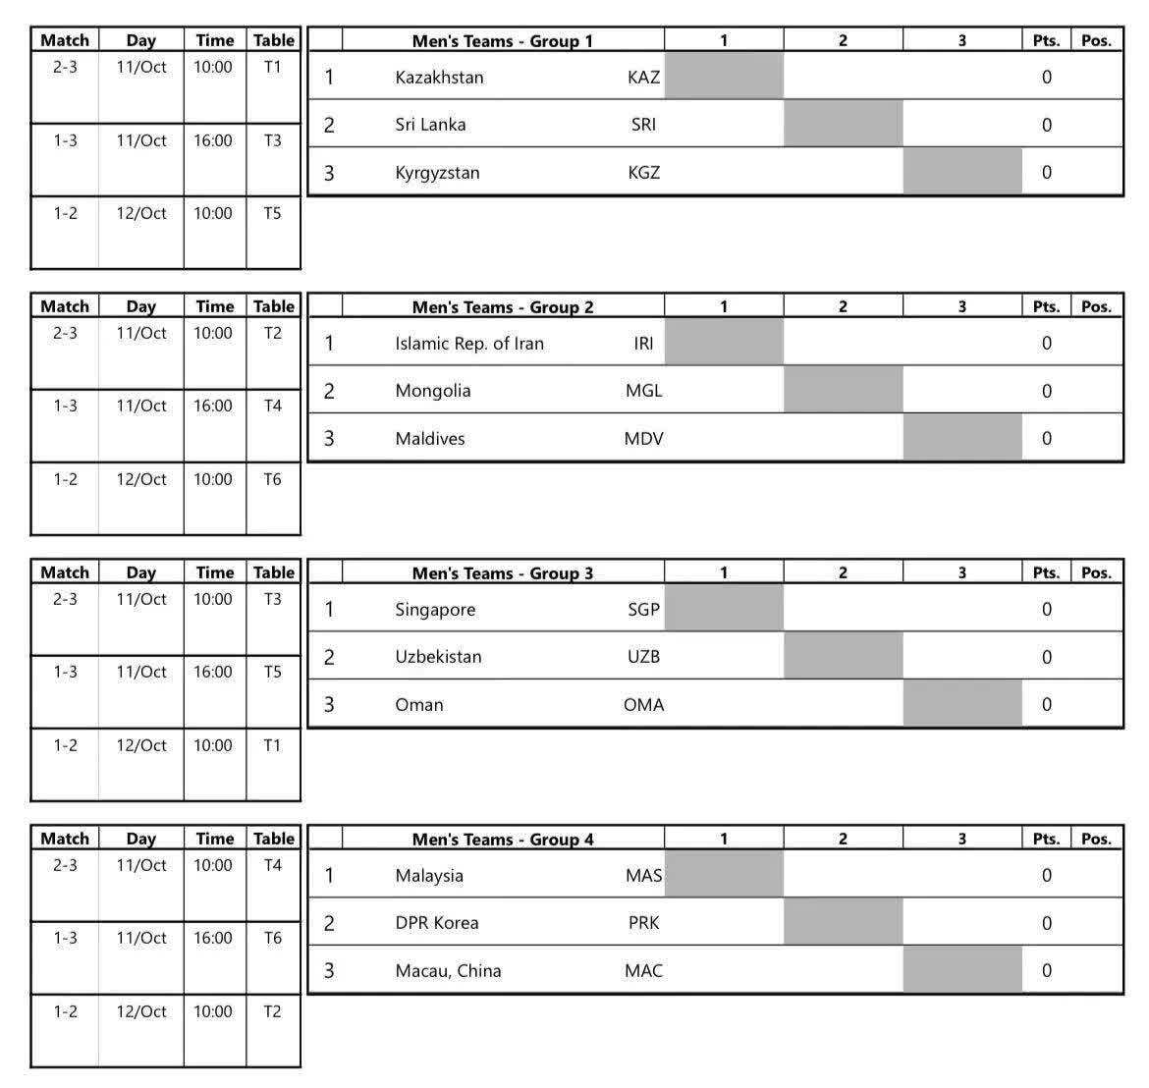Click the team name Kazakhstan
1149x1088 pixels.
tap(439, 77)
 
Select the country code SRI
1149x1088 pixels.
tap(643, 125)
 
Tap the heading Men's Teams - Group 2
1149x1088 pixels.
tap(502, 307)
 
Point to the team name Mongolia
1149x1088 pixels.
tap(433, 391)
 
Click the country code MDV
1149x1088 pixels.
tap(643, 439)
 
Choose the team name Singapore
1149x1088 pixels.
tap(435, 610)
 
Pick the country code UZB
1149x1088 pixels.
tap(643, 657)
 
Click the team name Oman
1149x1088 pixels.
tap(419, 705)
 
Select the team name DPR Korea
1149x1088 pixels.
tap(437, 923)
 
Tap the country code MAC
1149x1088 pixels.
tap(643, 971)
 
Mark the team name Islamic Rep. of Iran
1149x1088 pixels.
tap(469, 344)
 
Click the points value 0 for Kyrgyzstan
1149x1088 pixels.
tap(1046, 173)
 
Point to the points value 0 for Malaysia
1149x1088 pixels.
tap(1046, 876)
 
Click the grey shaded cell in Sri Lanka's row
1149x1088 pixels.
tap(843, 125)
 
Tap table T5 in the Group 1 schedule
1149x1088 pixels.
tap(272, 213)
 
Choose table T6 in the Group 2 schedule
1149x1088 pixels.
tap(272, 479)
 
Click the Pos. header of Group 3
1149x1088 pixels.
tap(1096, 572)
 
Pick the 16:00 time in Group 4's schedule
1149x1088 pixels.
tap(212, 938)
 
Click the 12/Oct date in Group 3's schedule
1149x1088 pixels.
tap(141, 745)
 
